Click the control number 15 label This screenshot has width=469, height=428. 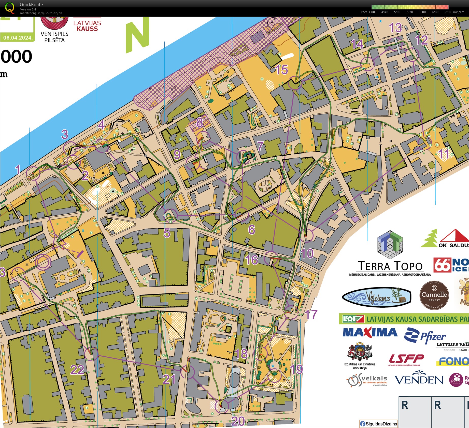(x=282, y=70)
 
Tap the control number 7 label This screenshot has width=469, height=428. (x=260, y=146)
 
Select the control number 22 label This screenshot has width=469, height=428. (x=77, y=370)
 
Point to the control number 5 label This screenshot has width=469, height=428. (x=167, y=233)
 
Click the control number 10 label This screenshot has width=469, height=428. (x=307, y=253)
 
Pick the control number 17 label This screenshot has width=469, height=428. (x=311, y=315)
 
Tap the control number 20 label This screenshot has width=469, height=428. (x=238, y=421)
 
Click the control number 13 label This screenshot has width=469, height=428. (x=395, y=28)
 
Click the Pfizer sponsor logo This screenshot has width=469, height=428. (x=425, y=336)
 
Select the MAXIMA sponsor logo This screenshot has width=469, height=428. (x=370, y=332)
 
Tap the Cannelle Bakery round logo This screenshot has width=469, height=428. (x=434, y=295)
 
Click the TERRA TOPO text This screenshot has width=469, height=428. (x=390, y=266)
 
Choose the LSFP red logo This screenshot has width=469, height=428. (x=406, y=359)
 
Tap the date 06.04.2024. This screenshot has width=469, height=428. (x=18, y=38)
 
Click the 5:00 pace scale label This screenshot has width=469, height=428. (x=397, y=12)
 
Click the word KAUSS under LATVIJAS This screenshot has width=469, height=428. (x=87, y=29)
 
